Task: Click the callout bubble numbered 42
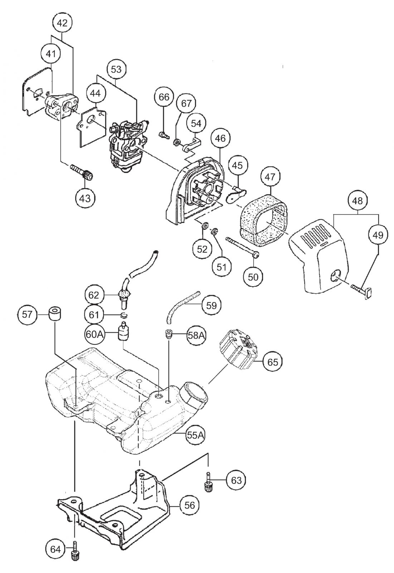(62, 23)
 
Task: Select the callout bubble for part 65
(272, 362)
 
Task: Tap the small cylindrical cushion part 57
(55, 313)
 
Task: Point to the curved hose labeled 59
(182, 304)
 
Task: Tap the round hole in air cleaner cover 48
(335, 276)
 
